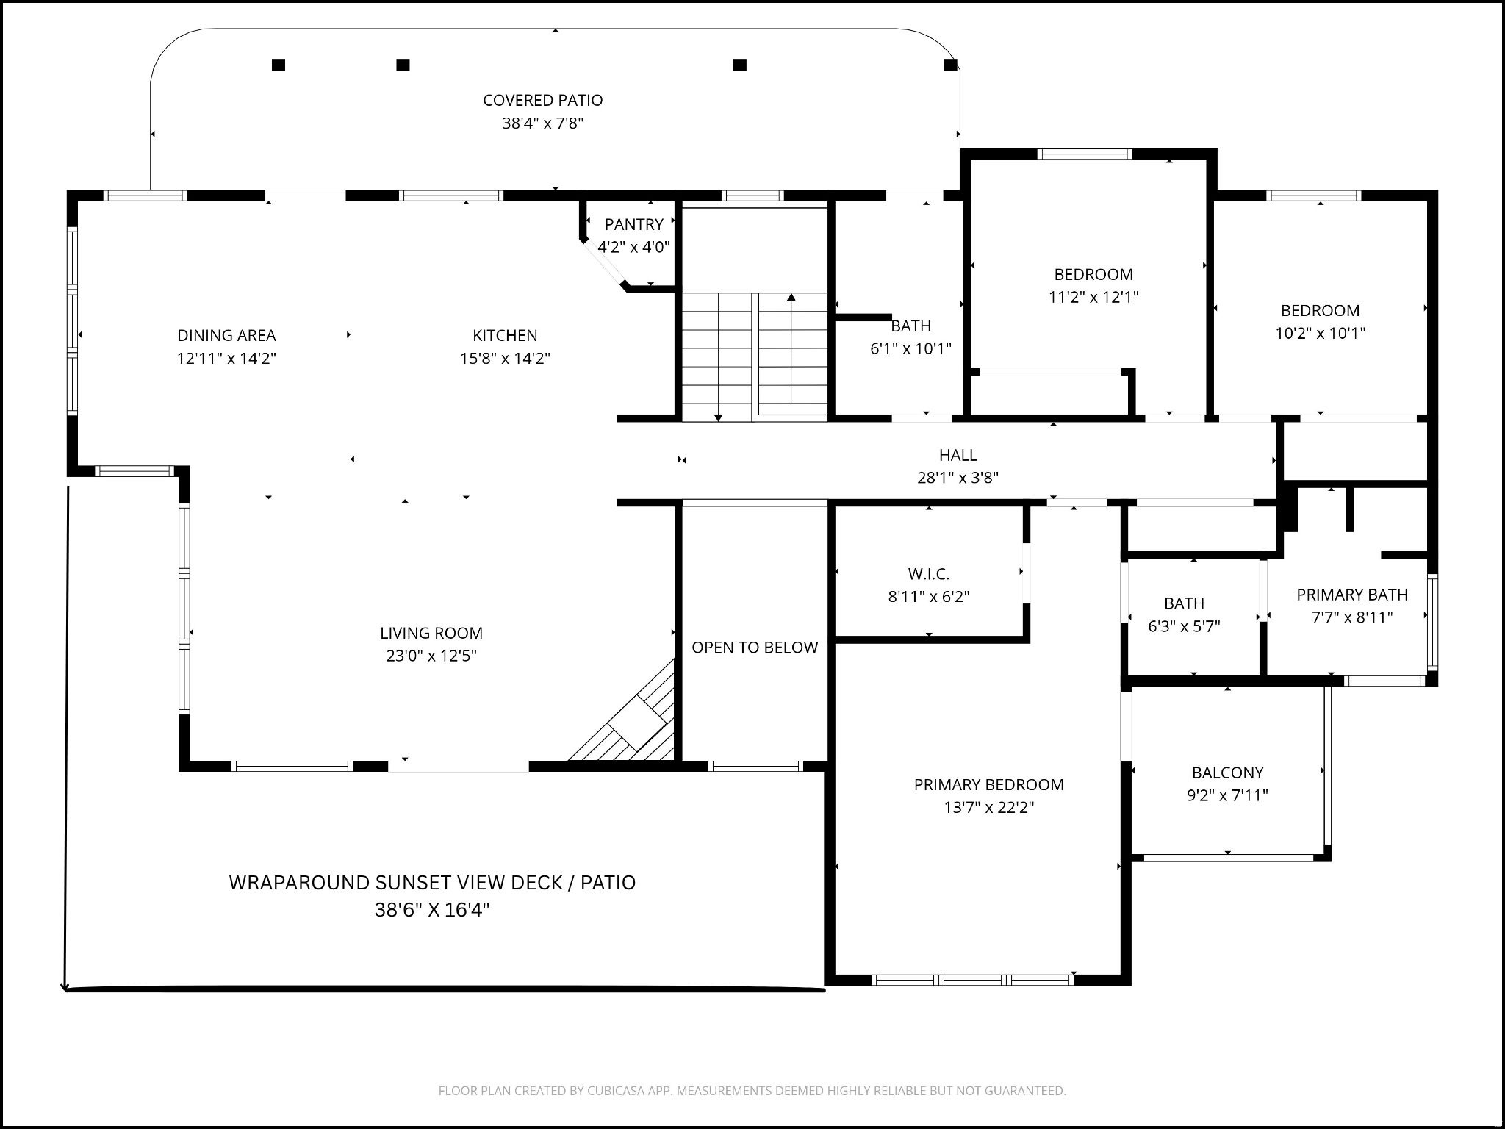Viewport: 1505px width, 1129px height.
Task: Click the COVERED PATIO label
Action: pyautogui.click(x=542, y=100)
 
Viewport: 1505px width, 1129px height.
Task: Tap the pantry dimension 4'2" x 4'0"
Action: pyautogui.click(x=633, y=247)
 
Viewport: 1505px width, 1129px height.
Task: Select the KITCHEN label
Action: pyautogui.click(x=505, y=335)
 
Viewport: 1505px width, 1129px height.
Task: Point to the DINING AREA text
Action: pyautogui.click(x=226, y=335)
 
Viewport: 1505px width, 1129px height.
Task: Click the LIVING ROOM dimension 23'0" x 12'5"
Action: pyautogui.click(x=431, y=656)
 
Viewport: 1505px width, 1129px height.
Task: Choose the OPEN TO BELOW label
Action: pyautogui.click(x=755, y=648)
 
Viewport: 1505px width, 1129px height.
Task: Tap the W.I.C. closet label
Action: pyautogui.click(x=929, y=573)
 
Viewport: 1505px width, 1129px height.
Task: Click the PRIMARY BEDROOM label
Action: pyautogui.click(x=988, y=784)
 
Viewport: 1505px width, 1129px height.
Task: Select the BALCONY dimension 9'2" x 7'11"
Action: pyautogui.click(x=1227, y=795)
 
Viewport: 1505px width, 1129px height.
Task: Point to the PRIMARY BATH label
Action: pyautogui.click(x=1352, y=595)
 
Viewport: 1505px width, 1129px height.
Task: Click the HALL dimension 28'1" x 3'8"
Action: pyautogui.click(x=958, y=478)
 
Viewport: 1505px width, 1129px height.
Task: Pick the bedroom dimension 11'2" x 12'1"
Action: pyautogui.click(x=1093, y=297)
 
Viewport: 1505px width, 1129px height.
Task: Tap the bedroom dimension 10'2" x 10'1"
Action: pyautogui.click(x=1320, y=333)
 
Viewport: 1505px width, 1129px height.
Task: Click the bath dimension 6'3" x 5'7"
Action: pyautogui.click(x=1184, y=626)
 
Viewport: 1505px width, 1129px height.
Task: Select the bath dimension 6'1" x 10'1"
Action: pyautogui.click(x=910, y=348)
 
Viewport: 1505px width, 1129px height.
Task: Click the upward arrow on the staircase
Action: pyautogui.click(x=791, y=298)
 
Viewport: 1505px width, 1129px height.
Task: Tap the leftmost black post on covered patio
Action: pyautogui.click(x=279, y=65)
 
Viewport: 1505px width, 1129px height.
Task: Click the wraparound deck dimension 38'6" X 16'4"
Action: pyautogui.click(x=432, y=910)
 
